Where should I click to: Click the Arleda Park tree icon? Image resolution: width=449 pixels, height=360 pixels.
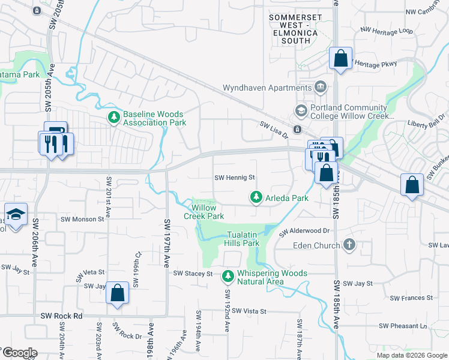click(256, 197)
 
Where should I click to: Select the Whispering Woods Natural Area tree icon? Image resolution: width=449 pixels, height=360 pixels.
click(228, 277)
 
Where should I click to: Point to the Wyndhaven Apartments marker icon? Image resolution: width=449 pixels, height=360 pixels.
click(321, 88)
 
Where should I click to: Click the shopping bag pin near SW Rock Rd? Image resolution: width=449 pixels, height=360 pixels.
click(118, 293)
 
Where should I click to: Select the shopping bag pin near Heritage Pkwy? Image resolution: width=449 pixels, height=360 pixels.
click(340, 59)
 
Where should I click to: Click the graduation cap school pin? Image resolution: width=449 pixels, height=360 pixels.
click(14, 214)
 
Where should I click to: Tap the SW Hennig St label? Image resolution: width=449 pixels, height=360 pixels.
click(235, 178)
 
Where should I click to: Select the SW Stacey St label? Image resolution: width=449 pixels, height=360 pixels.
click(193, 274)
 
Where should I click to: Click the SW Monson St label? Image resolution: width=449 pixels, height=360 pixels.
click(82, 219)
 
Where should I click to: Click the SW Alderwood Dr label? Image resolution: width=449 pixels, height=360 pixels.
click(305, 230)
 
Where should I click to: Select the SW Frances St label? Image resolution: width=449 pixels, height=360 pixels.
click(411, 298)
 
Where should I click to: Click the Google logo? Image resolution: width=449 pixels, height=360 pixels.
click(20, 353)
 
